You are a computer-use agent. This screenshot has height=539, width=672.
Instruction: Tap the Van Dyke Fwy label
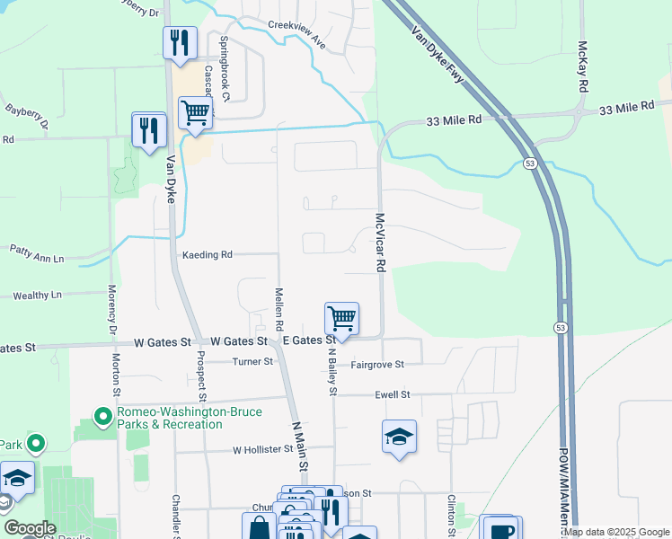[x=438, y=56]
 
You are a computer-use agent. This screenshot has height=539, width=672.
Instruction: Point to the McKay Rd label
[x=582, y=66]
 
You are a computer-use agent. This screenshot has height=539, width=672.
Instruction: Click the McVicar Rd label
[x=380, y=243]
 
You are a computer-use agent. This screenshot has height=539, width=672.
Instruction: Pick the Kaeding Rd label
[x=208, y=255]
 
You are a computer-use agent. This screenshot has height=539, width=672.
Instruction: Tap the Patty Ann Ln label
[x=36, y=259]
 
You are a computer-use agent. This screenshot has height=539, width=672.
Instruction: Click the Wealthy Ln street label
[x=37, y=295]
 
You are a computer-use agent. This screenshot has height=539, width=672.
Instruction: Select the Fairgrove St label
[x=377, y=365]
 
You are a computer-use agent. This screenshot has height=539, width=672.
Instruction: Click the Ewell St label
[x=392, y=394]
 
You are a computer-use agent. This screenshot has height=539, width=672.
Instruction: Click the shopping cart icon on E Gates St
[x=341, y=319]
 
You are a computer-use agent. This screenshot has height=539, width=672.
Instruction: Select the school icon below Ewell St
[x=399, y=437]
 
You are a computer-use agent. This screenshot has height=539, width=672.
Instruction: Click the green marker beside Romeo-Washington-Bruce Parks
[x=103, y=417]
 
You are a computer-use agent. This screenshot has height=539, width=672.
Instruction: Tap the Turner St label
[x=252, y=362]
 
